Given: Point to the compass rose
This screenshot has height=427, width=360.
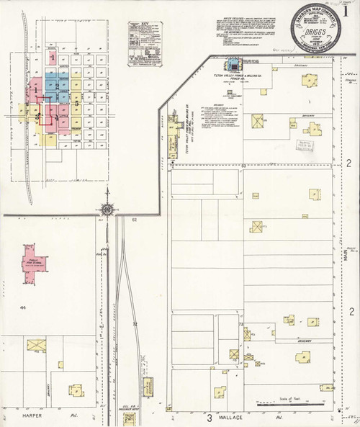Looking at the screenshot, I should tap(107, 210).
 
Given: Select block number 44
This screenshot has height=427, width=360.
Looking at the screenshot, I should tap(24, 308).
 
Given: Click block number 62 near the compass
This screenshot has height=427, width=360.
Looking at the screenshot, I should tap(135, 219).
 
